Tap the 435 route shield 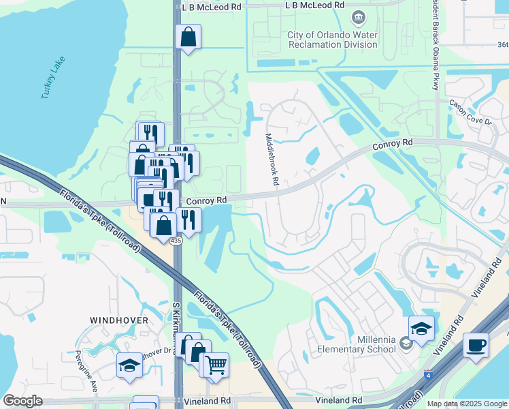click(x=176, y=241)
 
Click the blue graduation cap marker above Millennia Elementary click(x=421, y=329)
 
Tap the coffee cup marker click(x=476, y=344)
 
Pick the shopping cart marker click(x=215, y=365)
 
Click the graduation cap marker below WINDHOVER click(x=129, y=365)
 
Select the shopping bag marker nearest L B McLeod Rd click(x=188, y=37)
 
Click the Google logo click(x=22, y=401)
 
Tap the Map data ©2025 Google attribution click(x=466, y=404)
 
